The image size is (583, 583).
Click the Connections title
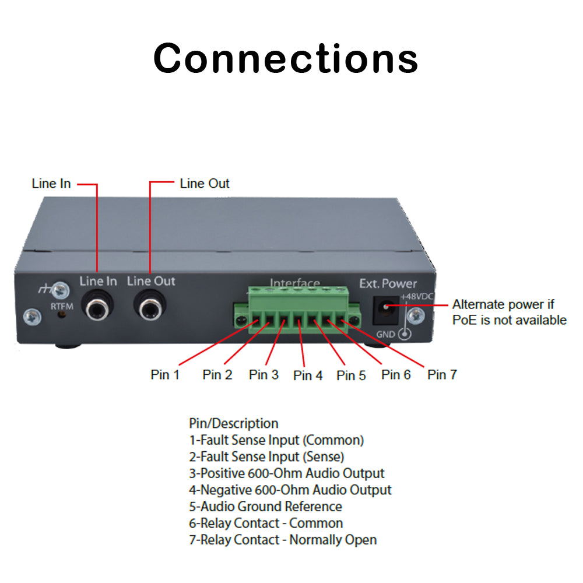286,58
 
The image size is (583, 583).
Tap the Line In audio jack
97,307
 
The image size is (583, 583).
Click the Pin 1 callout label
165,374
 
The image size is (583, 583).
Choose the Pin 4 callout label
308,375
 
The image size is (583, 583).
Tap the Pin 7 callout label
442,374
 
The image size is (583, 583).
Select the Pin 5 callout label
351,375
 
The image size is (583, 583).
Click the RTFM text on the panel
61,305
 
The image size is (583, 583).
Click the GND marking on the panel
385,334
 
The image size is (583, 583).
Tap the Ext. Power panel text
388,284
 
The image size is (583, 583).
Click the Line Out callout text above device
205,184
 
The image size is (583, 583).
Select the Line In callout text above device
51,184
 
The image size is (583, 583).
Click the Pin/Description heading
233,423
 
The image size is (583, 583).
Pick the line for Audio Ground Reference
265,507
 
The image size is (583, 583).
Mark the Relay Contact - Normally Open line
283,540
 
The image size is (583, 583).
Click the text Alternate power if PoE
503,304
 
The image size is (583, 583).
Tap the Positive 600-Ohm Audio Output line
287,473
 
